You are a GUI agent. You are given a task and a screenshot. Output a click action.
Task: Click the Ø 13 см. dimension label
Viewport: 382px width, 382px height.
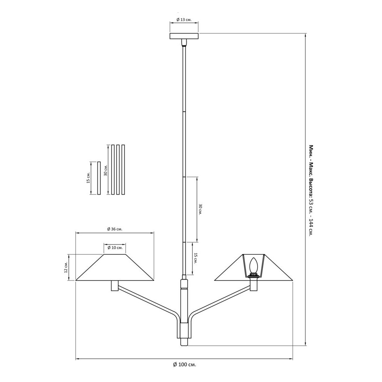click(x=184, y=19)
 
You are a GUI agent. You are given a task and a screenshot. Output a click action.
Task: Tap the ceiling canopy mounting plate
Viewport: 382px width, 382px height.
click(x=184, y=36)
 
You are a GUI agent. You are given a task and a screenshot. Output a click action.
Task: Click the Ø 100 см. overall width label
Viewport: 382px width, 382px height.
click(x=185, y=365)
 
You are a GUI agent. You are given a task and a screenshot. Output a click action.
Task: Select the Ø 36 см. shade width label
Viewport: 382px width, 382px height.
click(x=115, y=229)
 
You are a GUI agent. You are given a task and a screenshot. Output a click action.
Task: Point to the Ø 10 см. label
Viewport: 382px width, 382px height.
click(x=115, y=248)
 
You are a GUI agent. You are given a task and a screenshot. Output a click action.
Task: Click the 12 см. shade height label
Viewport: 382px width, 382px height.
click(x=66, y=267)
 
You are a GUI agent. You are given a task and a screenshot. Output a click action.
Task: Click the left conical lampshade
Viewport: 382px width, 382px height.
click(x=115, y=267)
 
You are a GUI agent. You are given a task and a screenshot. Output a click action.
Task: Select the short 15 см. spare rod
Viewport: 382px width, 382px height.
click(x=99, y=178)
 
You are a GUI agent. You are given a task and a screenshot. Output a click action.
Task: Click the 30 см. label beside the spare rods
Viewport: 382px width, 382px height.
click(x=105, y=170)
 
